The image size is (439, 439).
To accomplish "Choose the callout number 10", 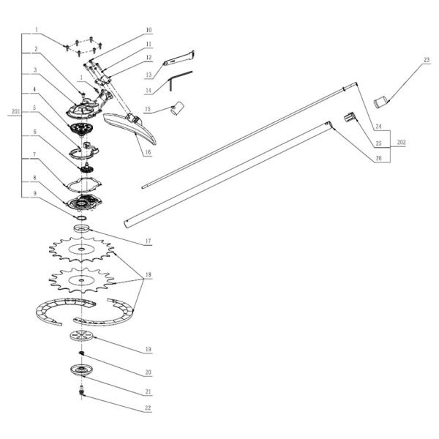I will pos(148,30).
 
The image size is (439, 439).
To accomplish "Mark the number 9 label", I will pos(34,193).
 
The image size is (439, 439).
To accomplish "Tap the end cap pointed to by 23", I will pos(381,100).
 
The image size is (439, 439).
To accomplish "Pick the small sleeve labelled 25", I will pos(350,116).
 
